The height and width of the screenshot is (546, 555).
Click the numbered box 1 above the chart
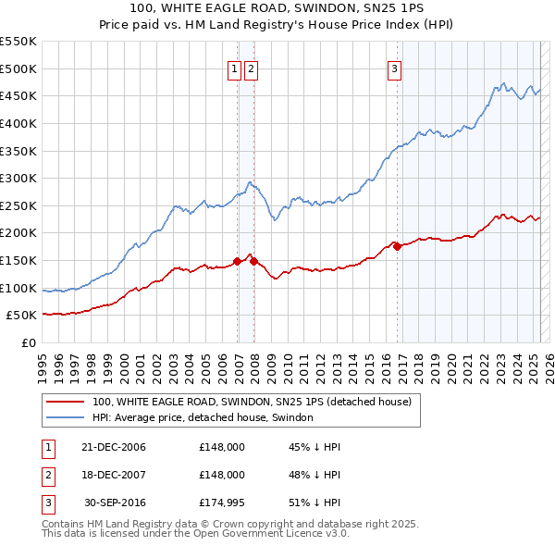[235, 68]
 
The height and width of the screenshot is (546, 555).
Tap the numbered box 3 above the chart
[394, 68]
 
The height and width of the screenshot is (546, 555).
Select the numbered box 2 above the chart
[252, 68]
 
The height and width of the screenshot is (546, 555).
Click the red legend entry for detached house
[257, 402]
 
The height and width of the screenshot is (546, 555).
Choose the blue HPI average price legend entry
[203, 417]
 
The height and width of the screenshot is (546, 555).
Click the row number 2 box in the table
[47, 475]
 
